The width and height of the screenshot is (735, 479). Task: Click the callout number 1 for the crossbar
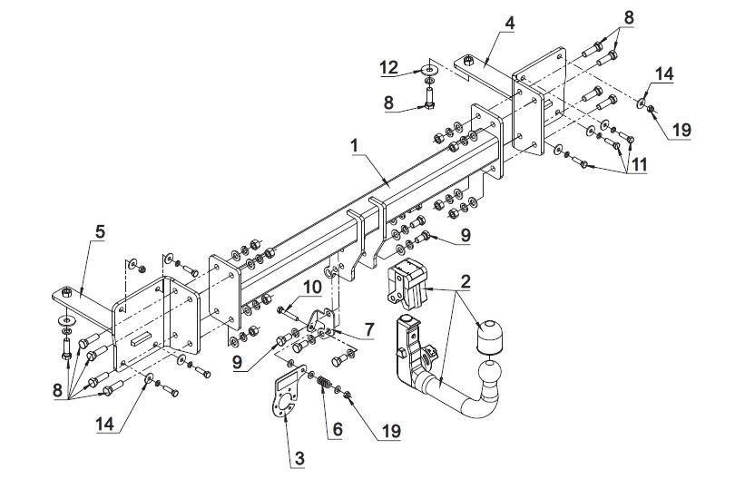tap(355, 146)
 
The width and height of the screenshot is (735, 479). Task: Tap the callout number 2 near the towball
tap(465, 281)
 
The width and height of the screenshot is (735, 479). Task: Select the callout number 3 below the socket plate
tap(299, 457)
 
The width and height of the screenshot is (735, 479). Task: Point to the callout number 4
tap(510, 23)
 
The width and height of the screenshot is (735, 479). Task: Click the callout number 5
tap(100, 231)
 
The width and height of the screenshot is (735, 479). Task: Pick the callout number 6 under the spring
tap(338, 429)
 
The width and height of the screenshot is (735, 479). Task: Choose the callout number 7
tap(369, 329)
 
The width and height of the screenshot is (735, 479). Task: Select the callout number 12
tap(389, 67)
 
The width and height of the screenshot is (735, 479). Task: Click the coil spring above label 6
tap(323, 382)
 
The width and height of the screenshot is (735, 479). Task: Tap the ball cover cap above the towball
tap(487, 336)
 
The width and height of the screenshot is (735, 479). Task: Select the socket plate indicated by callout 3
tap(284, 391)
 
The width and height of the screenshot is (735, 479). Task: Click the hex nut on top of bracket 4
tap(467, 61)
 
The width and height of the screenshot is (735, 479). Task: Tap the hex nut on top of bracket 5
tap(66, 292)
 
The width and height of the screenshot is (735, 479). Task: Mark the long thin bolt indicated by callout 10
tap(290, 313)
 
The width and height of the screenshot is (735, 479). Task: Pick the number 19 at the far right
tap(681, 130)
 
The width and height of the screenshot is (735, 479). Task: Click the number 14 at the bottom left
tap(104, 425)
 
